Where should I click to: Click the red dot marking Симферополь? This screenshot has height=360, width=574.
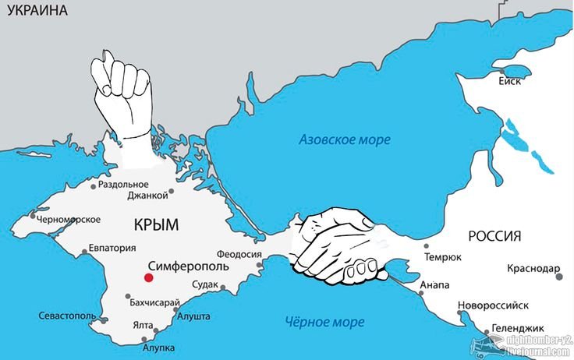point(147,277)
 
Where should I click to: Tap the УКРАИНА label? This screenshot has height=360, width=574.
point(34,11)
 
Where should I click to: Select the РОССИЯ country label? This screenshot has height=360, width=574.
point(494,236)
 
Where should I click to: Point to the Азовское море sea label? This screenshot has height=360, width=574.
point(345,139)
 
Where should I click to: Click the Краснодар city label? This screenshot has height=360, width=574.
point(532,269)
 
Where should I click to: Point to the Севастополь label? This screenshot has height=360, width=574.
point(67,316)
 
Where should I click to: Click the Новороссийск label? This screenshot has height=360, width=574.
point(493,305)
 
